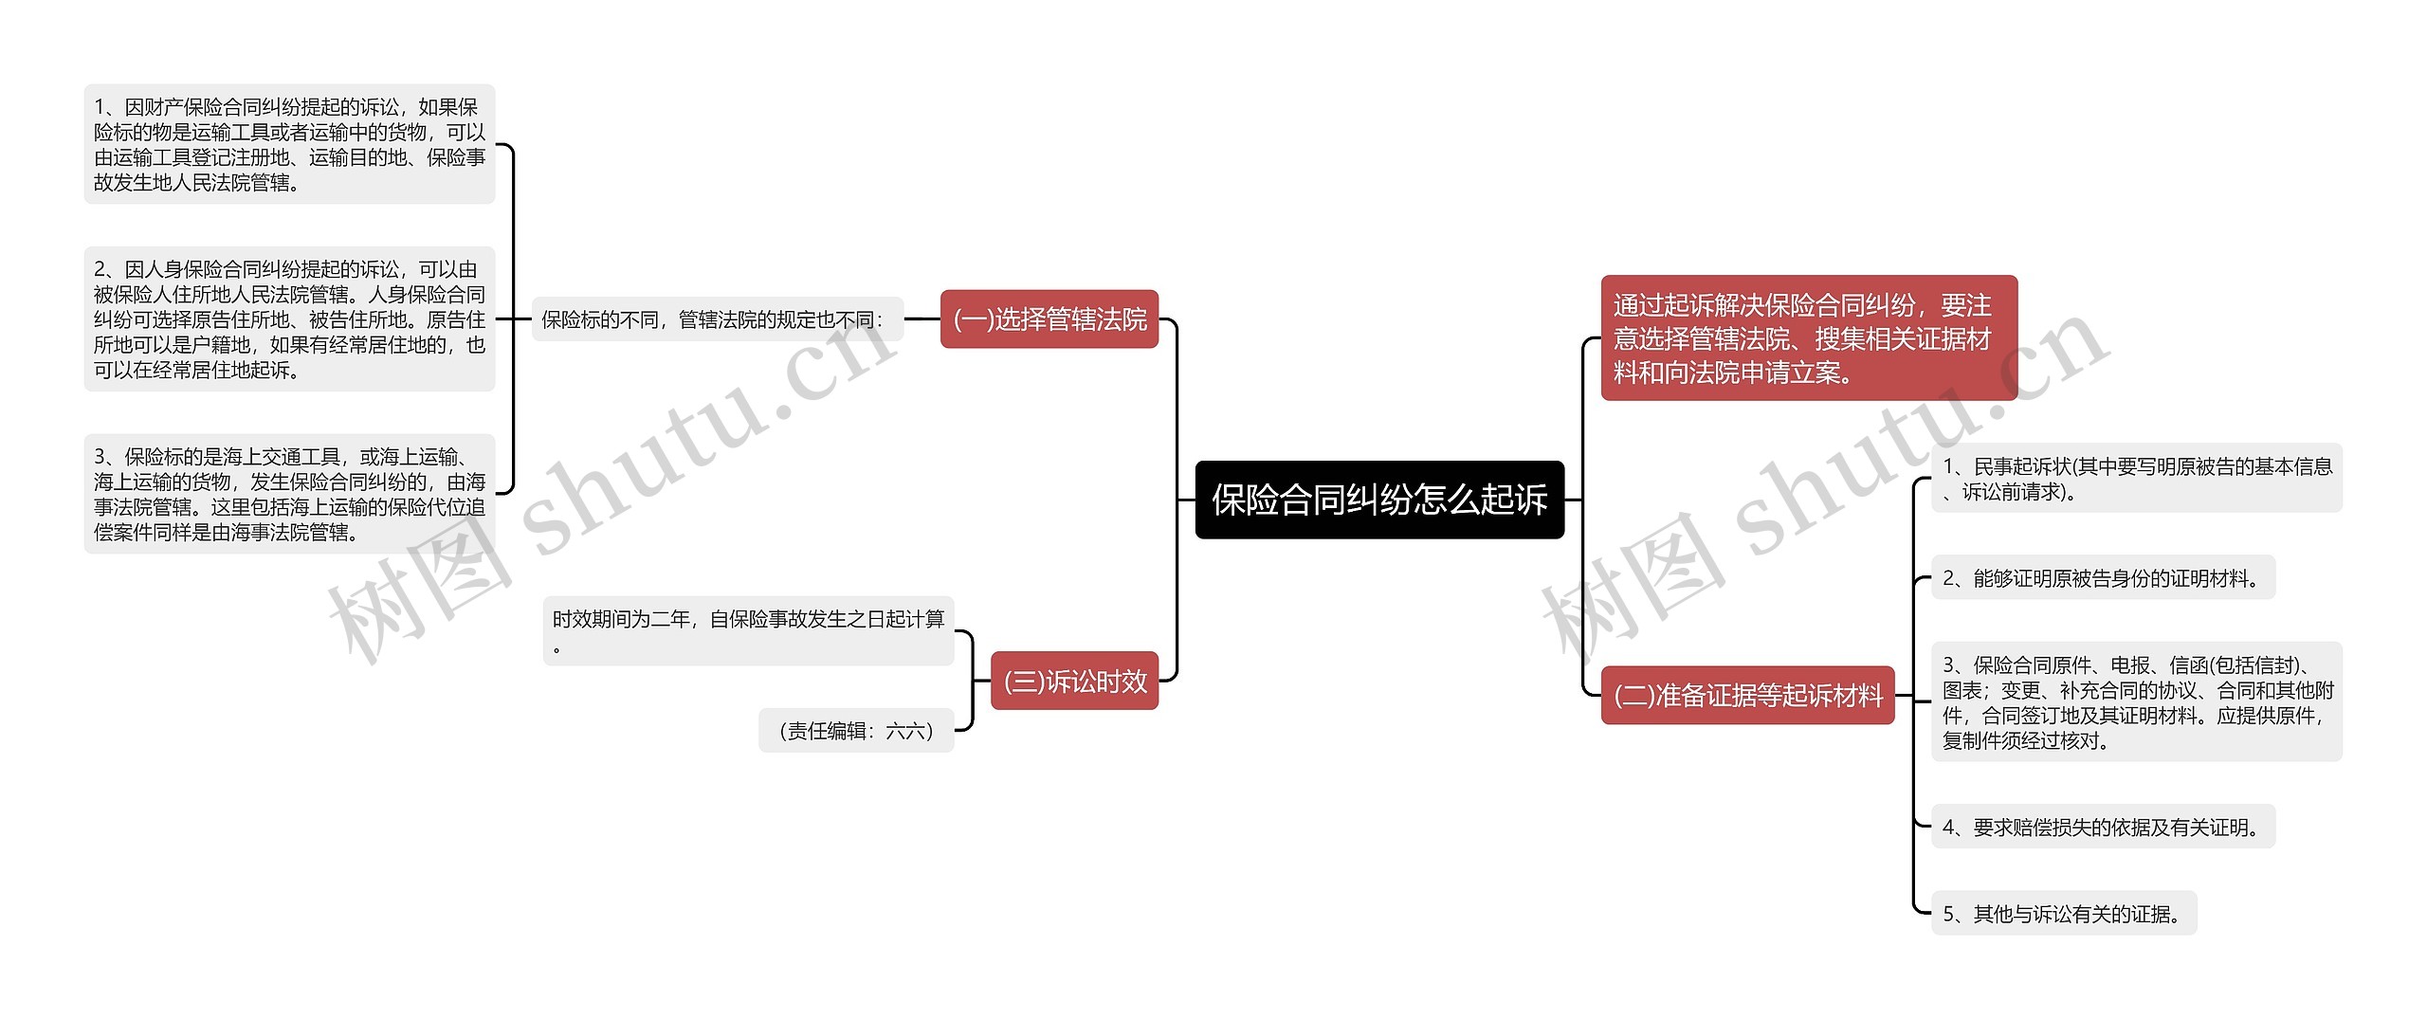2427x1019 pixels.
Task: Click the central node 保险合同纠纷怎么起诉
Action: point(1378,500)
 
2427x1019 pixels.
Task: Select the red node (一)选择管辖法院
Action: point(1049,319)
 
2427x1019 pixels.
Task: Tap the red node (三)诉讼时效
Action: point(1074,681)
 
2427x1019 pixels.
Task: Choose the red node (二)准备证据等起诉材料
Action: point(1747,696)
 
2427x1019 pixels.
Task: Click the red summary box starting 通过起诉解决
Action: point(1808,338)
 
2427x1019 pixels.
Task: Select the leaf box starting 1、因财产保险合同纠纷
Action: point(289,144)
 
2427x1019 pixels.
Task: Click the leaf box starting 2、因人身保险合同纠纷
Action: point(289,319)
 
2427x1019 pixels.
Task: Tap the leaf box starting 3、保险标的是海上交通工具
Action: point(289,494)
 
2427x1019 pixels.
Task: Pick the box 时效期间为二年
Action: point(748,630)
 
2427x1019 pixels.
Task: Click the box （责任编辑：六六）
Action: point(855,731)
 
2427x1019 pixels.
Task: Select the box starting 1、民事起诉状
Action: point(2136,478)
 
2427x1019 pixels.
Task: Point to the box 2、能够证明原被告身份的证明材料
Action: point(2102,578)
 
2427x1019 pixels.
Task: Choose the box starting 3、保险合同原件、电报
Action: point(2136,702)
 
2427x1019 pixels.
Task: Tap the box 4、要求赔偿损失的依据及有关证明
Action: point(2102,828)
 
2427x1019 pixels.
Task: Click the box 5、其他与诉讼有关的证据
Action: point(2063,914)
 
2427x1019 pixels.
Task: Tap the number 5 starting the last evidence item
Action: point(1949,914)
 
